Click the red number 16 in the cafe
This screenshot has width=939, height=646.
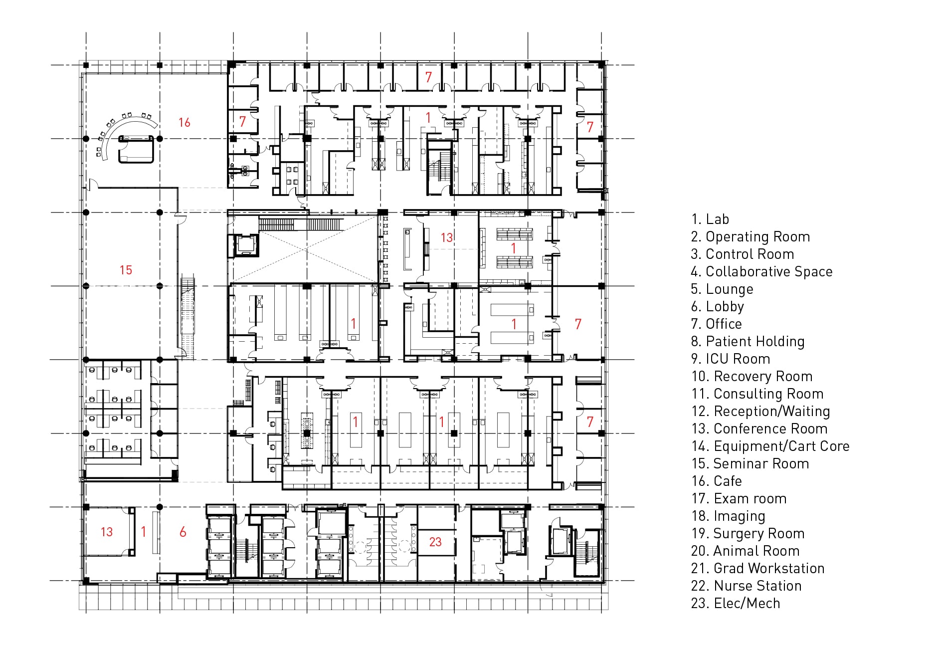coord(185,122)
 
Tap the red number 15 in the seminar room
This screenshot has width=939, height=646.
coord(126,270)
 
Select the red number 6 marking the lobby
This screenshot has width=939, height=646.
coord(183,532)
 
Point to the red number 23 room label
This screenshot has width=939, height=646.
coord(435,542)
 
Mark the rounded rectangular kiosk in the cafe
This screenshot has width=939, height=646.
coord(136,149)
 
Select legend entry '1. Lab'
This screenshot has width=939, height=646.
coord(710,219)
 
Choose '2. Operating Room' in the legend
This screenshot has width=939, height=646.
coord(751,236)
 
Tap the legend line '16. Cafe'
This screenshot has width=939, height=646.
coord(717,481)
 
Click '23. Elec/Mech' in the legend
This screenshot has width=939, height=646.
coord(736,603)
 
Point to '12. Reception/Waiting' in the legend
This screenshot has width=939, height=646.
coord(761,411)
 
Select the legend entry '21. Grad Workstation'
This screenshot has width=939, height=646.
coord(758,568)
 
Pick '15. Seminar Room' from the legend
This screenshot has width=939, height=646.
coord(751,463)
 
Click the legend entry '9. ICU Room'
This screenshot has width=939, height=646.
coord(731,359)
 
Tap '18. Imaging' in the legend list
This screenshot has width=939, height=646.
coord(728,516)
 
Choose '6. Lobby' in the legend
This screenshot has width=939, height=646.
coord(718,306)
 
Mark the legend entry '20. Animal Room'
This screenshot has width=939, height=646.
coord(746,551)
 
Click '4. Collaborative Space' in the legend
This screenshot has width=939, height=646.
coord(761,271)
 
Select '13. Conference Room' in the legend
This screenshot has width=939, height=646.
coord(759,429)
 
